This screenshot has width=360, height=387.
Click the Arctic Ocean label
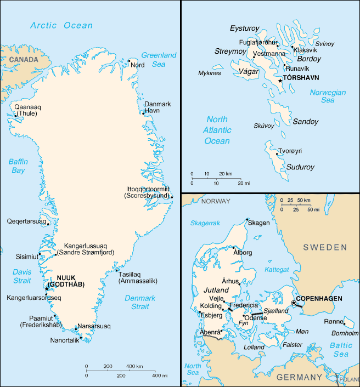point(61,25)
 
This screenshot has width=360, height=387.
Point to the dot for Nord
point(130,61)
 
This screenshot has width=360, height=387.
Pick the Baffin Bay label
point(18,166)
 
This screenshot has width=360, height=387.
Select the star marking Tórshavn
point(280,81)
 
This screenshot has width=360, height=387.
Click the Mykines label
point(210,73)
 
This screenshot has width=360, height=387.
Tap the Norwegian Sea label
point(328,96)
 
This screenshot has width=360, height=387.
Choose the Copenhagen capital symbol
point(294,303)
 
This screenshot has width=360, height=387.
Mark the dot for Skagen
point(246,223)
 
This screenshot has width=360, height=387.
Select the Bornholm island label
point(345,333)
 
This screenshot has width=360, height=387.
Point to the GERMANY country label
point(299,377)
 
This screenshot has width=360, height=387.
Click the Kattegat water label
point(277,270)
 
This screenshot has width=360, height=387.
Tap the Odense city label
point(256,318)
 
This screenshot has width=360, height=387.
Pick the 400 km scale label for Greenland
point(135,366)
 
